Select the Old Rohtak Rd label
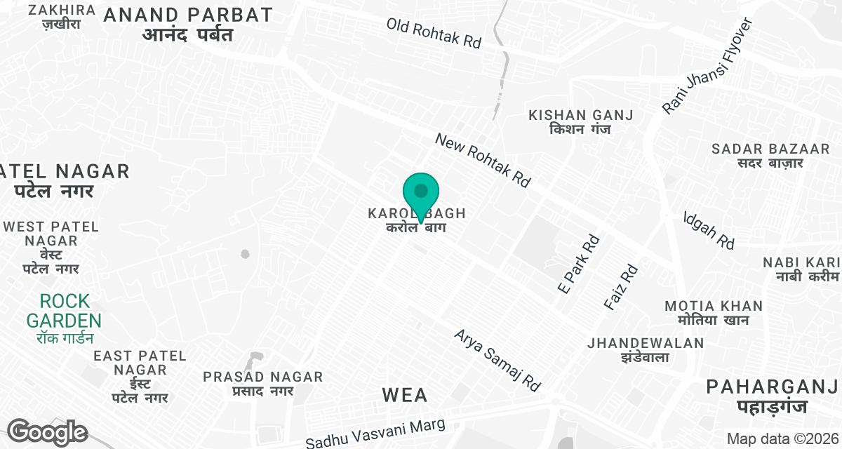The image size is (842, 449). pyautogui.click(x=434, y=32)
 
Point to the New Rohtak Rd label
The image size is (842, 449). pyautogui.click(x=483, y=160)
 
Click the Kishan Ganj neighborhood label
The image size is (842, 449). pyautogui.click(x=581, y=122)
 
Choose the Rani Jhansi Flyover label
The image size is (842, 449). pyautogui.click(x=707, y=66)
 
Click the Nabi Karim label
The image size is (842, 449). pyautogui.click(x=803, y=269)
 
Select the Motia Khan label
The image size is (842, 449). pyautogui.click(x=713, y=313)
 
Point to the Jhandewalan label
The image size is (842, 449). pyautogui.click(x=646, y=350)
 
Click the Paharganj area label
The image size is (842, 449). pyautogui.click(x=772, y=396)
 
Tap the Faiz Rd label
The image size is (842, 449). pyautogui.click(x=621, y=288)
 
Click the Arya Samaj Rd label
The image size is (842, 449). pyautogui.click(x=498, y=360)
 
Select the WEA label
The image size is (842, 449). pyautogui.click(x=405, y=395)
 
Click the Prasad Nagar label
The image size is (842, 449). pyautogui.click(x=263, y=384)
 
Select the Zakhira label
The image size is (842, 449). pyautogui.click(x=62, y=17)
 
